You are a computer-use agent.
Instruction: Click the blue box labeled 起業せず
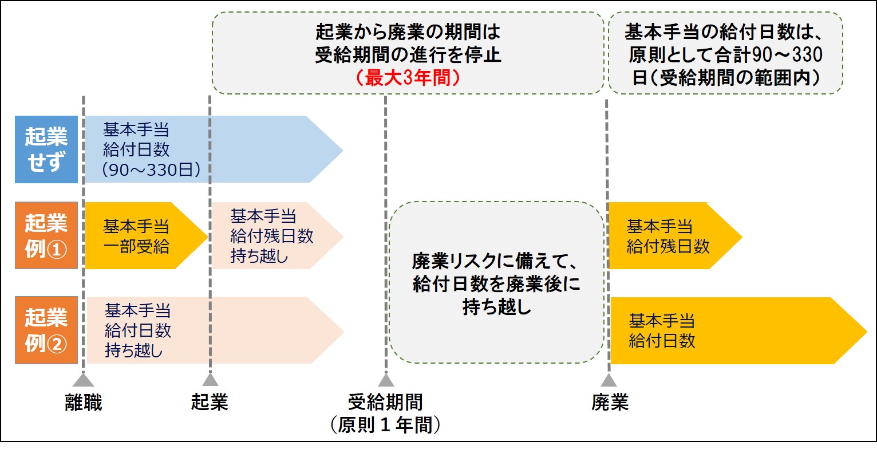coord(46,149)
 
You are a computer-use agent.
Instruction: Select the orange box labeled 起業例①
coord(46,235)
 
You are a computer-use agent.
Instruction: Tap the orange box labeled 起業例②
coord(46,330)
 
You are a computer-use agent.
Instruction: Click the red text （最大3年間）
coord(408,77)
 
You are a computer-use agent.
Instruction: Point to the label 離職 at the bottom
coord(84,403)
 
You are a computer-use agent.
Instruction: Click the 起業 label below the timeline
coord(210,403)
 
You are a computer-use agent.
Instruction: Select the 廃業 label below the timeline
coord(610,403)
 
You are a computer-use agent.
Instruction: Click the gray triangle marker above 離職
coord(84,380)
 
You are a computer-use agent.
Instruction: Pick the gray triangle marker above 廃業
coord(609,380)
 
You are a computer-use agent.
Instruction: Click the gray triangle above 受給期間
coord(386,380)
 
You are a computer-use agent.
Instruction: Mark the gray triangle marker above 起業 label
coord(210,380)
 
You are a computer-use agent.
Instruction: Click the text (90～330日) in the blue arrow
coord(151,171)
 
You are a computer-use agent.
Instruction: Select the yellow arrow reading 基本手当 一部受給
coord(140,235)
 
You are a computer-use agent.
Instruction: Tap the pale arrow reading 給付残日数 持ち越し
coord(272,235)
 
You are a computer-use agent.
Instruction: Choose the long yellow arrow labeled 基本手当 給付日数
coord(733,330)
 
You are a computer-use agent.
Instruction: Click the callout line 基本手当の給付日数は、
coord(725,30)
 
